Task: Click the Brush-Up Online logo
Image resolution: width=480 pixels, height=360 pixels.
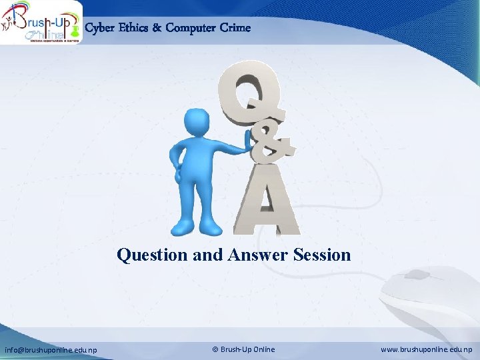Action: click(41, 23)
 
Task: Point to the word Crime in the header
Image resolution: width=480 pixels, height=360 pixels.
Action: click(237, 28)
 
